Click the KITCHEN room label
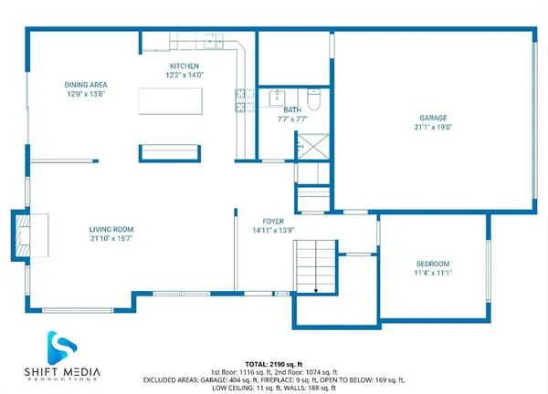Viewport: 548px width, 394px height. [184, 67]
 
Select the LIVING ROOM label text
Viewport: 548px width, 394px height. [111, 229]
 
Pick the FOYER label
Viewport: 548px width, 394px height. [274, 221]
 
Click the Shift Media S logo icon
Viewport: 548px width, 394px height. [62, 347]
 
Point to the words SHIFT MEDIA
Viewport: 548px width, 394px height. [62, 371]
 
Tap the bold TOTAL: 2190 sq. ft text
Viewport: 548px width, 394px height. [273, 364]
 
